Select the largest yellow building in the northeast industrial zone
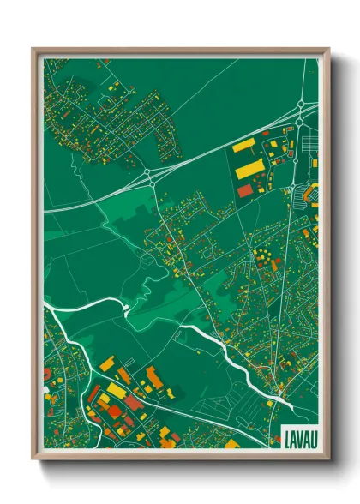tap(249, 167)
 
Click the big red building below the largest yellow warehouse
tap(245, 189)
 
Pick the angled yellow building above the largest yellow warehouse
tap(244, 145)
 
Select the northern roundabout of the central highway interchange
tap(148, 174)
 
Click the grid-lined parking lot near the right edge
tap(302, 196)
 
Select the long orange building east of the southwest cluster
tap(154, 378)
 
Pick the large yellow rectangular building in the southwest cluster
tap(116, 392)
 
